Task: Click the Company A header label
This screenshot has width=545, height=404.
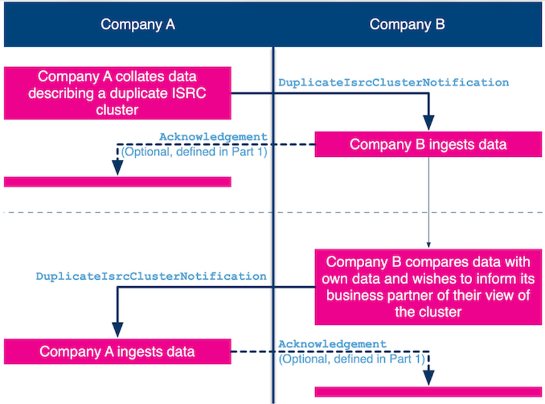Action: (x=138, y=24)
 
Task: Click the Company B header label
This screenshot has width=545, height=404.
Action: (x=407, y=24)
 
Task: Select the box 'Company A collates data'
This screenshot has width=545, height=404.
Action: (x=117, y=93)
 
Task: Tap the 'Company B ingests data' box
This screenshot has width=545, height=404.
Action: (x=428, y=144)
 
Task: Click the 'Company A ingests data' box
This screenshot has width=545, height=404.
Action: (x=117, y=351)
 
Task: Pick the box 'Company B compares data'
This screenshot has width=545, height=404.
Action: (x=428, y=287)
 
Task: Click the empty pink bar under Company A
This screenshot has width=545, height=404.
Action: (x=117, y=182)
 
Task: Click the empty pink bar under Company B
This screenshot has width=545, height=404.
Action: (x=428, y=392)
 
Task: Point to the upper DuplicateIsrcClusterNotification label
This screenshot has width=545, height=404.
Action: (x=394, y=83)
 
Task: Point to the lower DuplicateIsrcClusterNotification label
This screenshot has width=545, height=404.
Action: (x=151, y=277)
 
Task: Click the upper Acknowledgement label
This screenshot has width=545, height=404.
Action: (x=213, y=137)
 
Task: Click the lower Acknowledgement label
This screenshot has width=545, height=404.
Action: (x=332, y=344)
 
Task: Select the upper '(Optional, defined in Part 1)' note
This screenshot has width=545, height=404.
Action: (x=194, y=152)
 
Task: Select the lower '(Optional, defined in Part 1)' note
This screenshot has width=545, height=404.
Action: (x=352, y=359)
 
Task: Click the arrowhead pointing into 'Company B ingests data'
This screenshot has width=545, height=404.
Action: (x=429, y=123)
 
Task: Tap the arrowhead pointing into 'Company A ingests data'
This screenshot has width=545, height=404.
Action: (x=117, y=330)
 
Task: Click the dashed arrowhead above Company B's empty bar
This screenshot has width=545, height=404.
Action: (x=429, y=378)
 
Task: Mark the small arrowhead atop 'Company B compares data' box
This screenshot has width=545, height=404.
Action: (x=429, y=245)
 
